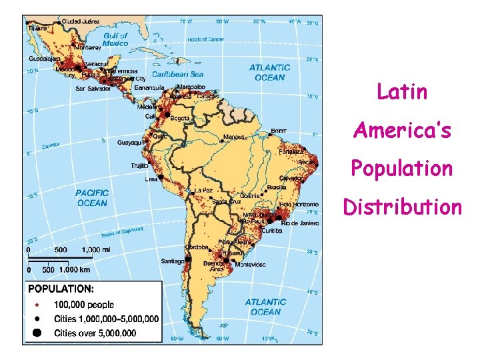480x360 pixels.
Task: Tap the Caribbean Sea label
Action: click(x=178, y=74)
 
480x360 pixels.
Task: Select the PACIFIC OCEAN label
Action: click(x=91, y=198)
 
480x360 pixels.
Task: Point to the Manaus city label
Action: click(x=234, y=137)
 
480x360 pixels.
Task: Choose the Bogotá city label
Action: click(x=180, y=118)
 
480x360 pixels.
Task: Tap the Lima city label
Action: click(x=151, y=179)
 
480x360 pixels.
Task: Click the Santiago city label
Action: click(x=172, y=261)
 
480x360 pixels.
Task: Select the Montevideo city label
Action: click(x=250, y=265)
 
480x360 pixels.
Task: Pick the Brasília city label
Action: click(x=276, y=187)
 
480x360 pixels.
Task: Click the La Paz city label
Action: click(x=203, y=190)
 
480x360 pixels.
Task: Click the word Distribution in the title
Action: click(x=402, y=207)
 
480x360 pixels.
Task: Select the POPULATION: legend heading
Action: click(x=61, y=289)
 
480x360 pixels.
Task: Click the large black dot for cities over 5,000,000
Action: click(x=37, y=332)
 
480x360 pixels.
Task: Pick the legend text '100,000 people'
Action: click(x=84, y=305)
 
